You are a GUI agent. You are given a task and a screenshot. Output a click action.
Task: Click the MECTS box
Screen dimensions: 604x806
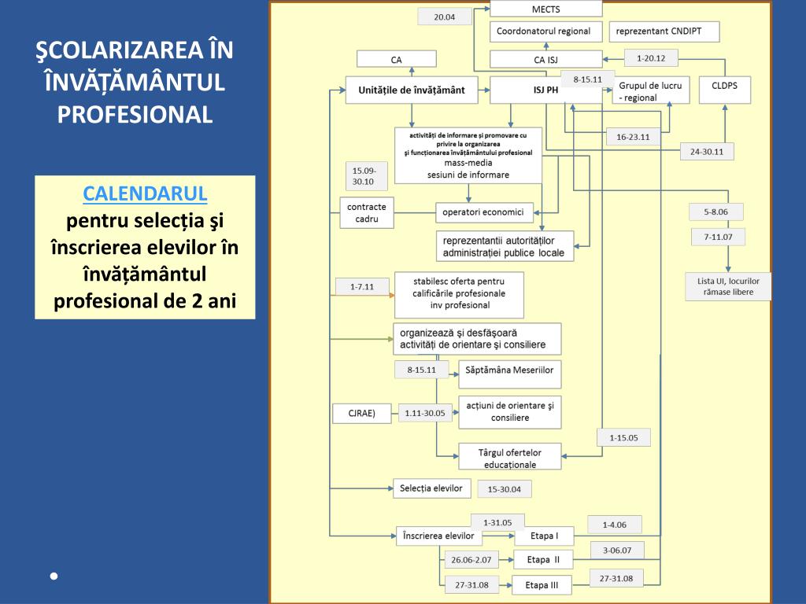point(545,9)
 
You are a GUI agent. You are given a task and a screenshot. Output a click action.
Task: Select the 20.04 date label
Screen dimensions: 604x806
point(444,17)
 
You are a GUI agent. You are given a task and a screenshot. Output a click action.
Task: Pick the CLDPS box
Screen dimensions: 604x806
point(724,90)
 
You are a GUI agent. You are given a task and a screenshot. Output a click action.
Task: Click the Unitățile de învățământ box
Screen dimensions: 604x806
point(412,90)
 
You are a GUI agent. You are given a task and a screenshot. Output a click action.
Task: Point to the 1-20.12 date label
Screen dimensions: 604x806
point(651,58)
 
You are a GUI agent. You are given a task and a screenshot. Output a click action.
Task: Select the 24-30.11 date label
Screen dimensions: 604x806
point(706,152)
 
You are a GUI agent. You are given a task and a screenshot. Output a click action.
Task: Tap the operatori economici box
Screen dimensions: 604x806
point(484,212)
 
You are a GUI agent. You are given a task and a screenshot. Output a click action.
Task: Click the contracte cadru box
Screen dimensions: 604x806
point(367,213)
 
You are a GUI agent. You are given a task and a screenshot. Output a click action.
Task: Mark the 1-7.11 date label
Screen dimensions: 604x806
point(361,287)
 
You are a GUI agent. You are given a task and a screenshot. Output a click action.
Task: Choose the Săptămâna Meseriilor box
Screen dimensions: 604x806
point(509,374)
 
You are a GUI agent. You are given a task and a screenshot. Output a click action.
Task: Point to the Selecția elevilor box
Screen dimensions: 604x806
point(431,488)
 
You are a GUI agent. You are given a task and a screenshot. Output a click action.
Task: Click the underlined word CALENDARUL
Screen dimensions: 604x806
point(145,193)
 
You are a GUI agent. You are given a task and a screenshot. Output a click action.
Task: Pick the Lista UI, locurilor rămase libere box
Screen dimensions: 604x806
point(729,285)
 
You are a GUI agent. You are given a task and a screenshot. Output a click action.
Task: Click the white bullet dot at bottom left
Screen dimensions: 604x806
point(54,576)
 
